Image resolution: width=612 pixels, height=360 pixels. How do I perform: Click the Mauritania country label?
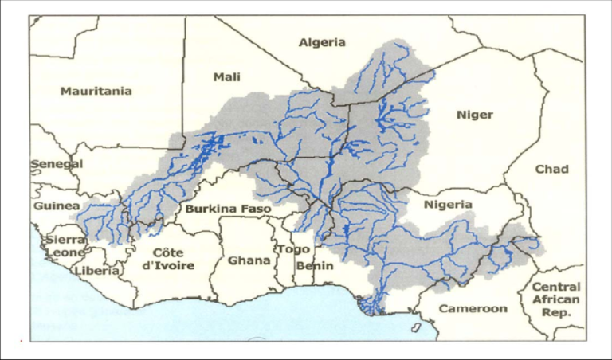96,91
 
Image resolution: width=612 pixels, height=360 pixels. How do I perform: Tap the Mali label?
227,76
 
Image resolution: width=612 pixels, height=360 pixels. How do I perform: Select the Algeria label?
322,42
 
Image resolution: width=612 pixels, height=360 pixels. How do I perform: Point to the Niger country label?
474,115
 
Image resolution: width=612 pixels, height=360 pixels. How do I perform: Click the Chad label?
551,169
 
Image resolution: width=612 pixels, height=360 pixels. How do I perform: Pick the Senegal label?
57,164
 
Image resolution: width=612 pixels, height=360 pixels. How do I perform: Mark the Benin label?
313,265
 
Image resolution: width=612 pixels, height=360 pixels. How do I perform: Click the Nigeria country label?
448,205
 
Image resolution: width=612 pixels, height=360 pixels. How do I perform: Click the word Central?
556,287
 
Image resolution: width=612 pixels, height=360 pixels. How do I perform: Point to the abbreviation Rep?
556,313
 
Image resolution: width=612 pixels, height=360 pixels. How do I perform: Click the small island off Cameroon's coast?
416,327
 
